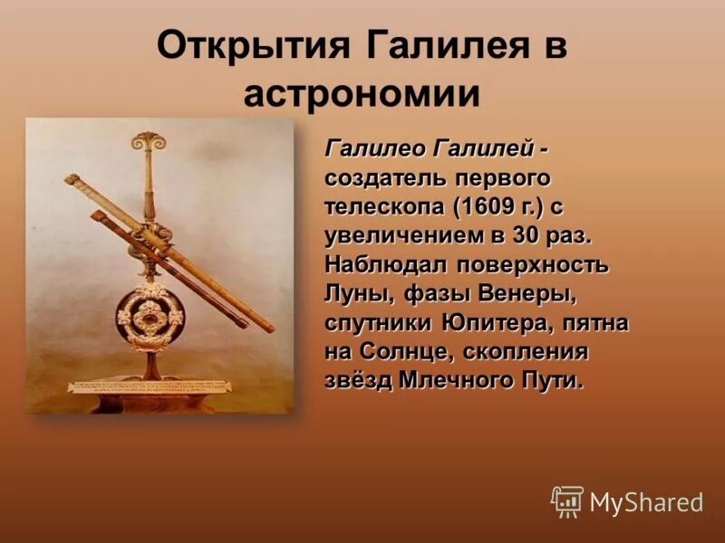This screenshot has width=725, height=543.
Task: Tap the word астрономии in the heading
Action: coord(362,94)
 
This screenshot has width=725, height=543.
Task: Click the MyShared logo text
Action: coord(646,502)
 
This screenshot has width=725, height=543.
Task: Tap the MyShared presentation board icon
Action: coord(567,500)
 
